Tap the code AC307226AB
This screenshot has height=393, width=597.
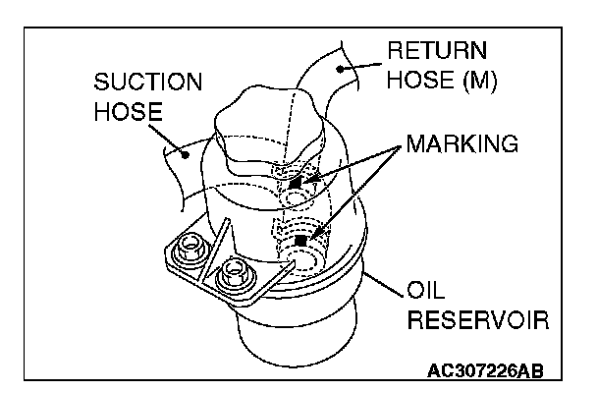(x=484, y=371)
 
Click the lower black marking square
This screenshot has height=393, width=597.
(x=311, y=239)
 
